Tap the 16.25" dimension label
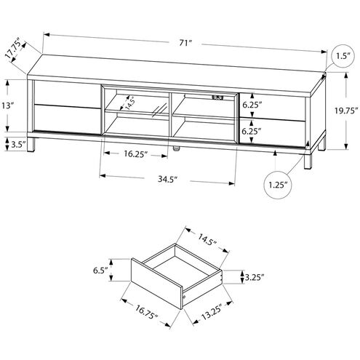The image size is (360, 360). [135, 154]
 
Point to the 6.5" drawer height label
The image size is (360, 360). [100, 271]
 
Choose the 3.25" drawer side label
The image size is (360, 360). [253, 276]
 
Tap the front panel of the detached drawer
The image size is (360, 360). [157, 286]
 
